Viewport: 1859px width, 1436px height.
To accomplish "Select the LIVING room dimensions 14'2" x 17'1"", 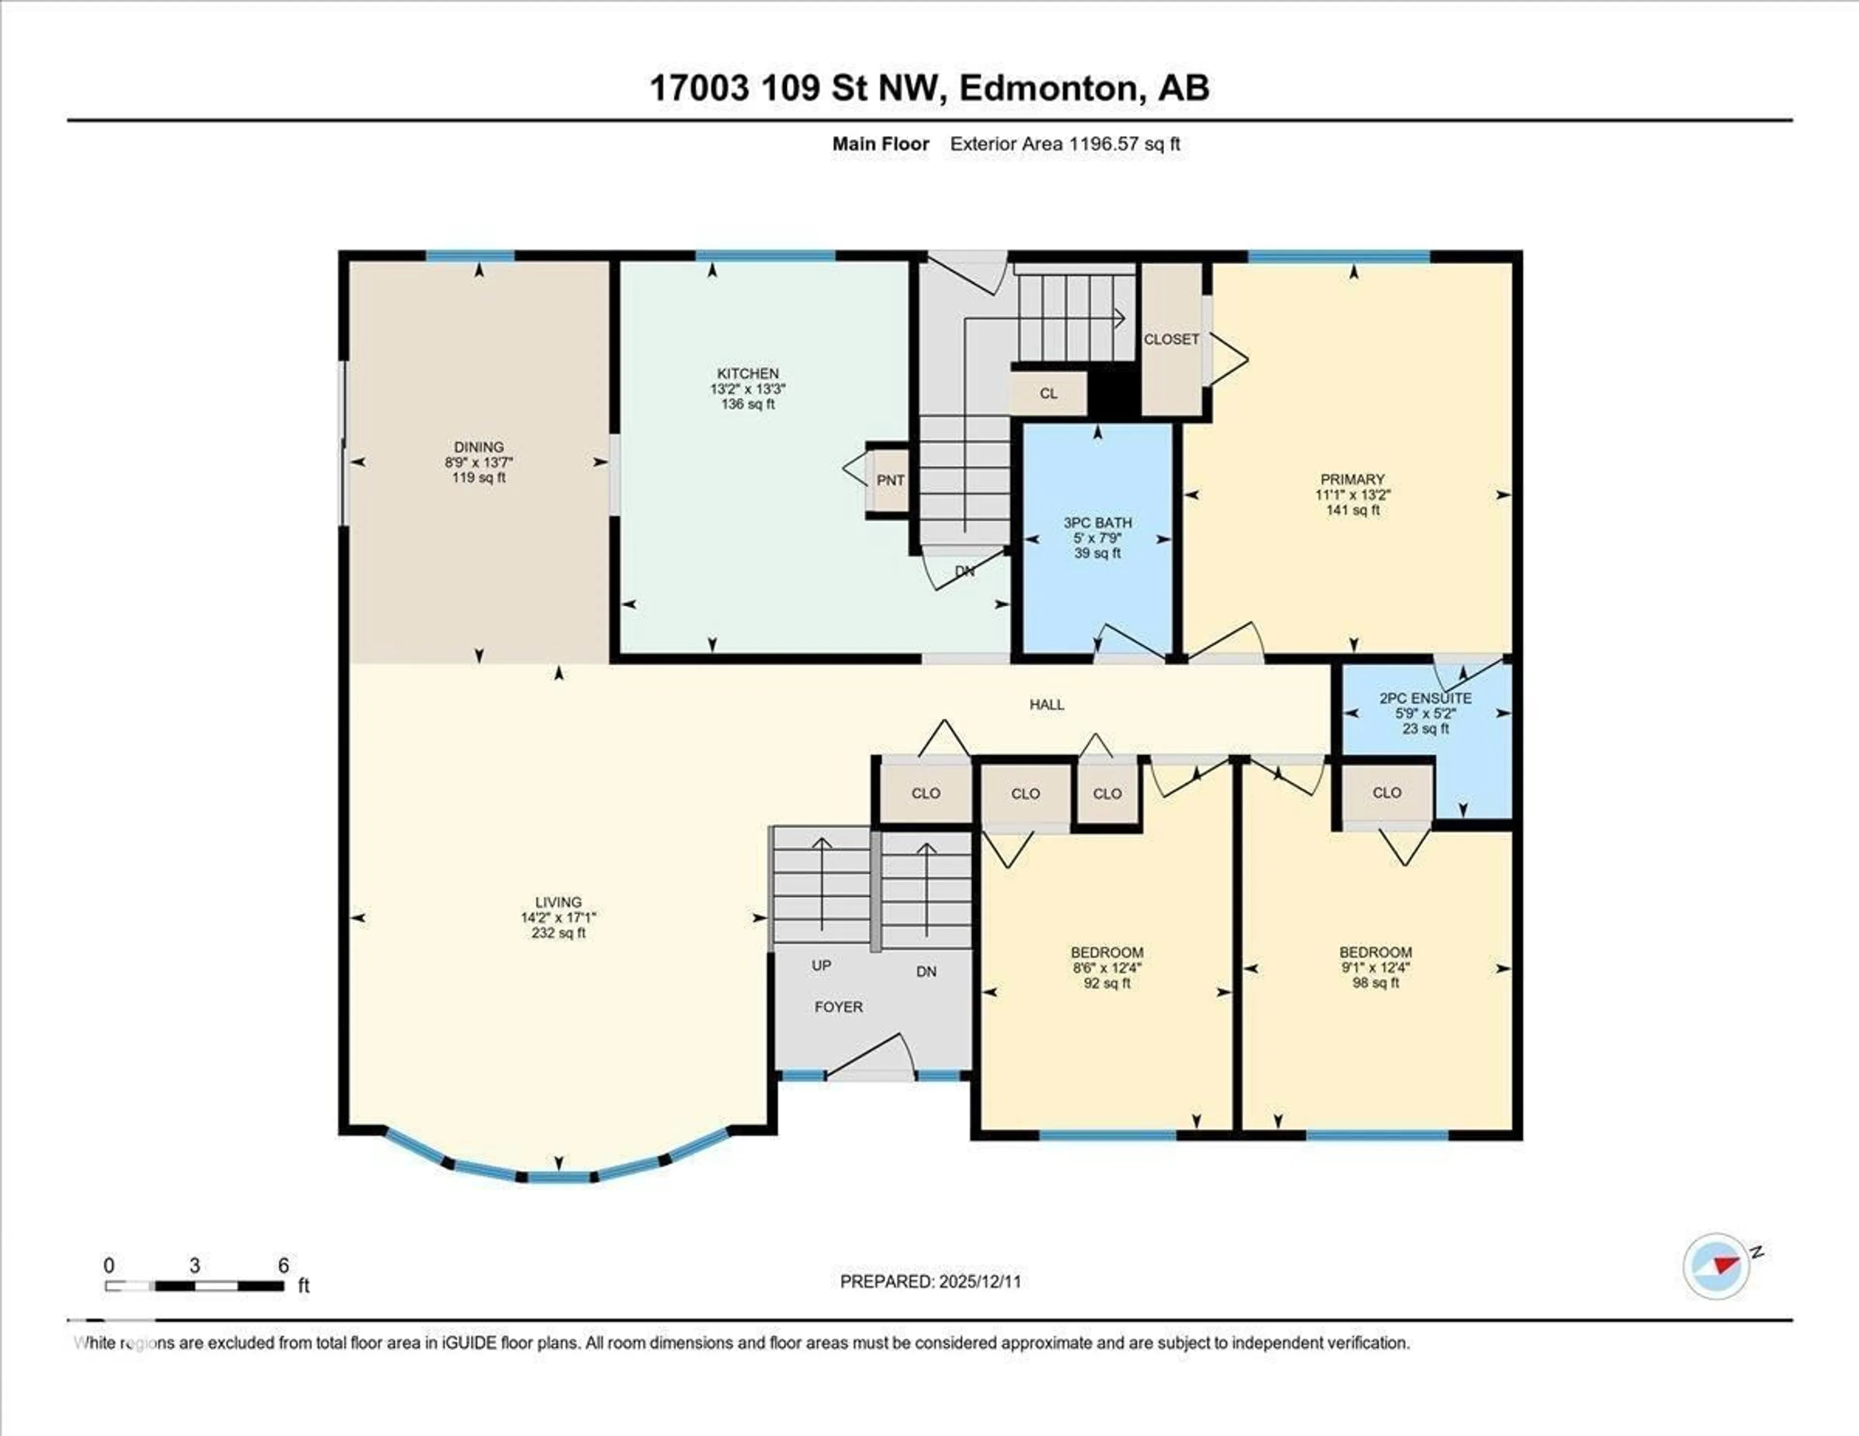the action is [x=558, y=917].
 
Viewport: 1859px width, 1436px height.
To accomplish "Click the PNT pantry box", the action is [x=889, y=480].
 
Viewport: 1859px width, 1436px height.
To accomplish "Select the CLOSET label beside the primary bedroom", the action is [x=1171, y=339].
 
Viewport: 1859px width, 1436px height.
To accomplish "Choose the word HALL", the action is [x=1046, y=704].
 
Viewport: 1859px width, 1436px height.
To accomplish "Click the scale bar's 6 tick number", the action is [x=283, y=1265].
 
